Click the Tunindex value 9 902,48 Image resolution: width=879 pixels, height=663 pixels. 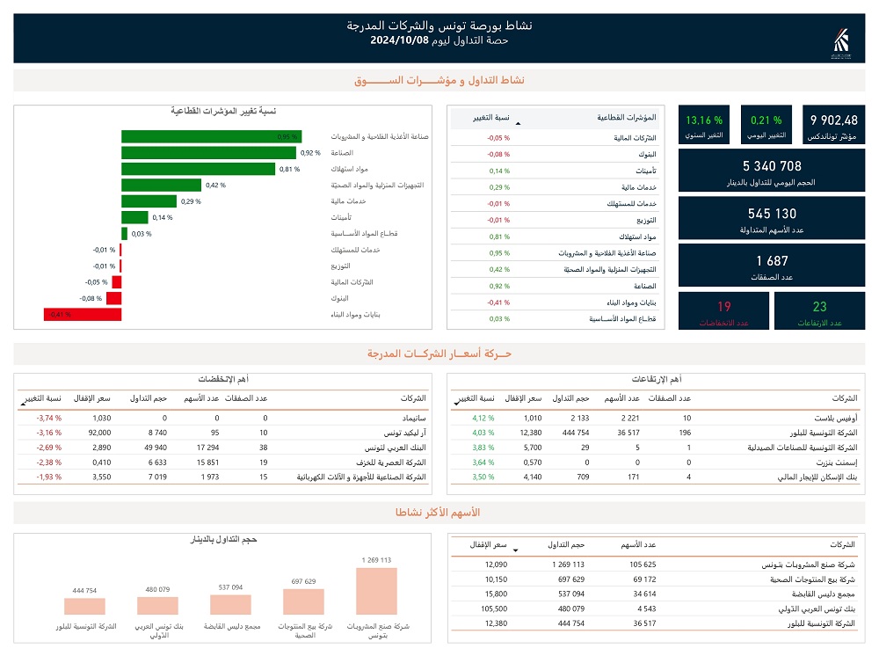(833, 120)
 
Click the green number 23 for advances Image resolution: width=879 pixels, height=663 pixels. (819, 307)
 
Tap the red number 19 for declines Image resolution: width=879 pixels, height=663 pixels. (723, 307)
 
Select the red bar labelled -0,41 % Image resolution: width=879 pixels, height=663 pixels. (83, 314)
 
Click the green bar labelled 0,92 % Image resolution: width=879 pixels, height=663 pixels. (208, 153)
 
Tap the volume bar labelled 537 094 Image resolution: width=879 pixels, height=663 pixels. (230, 604)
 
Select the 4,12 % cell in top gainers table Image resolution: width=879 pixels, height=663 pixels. (484, 419)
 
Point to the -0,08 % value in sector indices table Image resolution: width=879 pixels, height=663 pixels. (499, 155)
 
